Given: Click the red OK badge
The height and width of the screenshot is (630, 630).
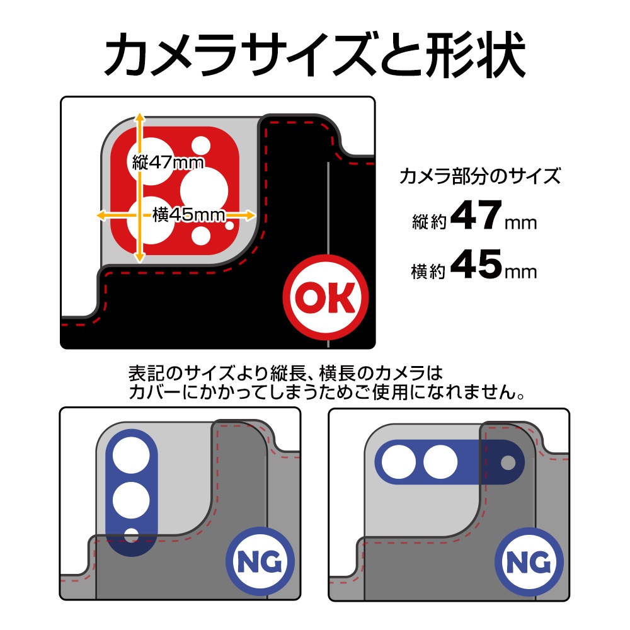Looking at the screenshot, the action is click(325, 297).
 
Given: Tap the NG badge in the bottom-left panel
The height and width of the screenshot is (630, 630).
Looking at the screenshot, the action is click(260, 561).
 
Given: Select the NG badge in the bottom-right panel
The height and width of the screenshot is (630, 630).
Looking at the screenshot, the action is click(529, 562).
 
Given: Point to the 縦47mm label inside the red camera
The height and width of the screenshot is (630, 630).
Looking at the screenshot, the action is click(168, 163).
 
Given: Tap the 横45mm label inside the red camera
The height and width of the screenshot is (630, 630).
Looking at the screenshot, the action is click(188, 215).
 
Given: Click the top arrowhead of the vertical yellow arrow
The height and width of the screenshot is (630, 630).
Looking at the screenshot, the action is click(139, 117).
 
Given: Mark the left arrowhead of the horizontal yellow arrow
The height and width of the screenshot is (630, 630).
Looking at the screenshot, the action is click(102, 215).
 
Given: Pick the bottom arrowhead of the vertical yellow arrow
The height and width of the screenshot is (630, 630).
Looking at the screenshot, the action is click(139, 257).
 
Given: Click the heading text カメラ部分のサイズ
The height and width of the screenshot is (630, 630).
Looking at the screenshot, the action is click(480, 176).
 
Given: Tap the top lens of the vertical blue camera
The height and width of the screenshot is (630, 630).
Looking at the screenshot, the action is click(131, 455).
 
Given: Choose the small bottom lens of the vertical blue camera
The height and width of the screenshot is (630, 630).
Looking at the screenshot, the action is click(131, 536).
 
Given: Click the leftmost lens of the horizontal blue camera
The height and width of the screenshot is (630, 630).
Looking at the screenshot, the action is click(399, 462).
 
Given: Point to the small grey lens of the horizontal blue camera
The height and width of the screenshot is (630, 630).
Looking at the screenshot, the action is click(508, 462).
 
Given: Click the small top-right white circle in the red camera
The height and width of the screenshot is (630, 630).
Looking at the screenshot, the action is click(200, 146).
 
